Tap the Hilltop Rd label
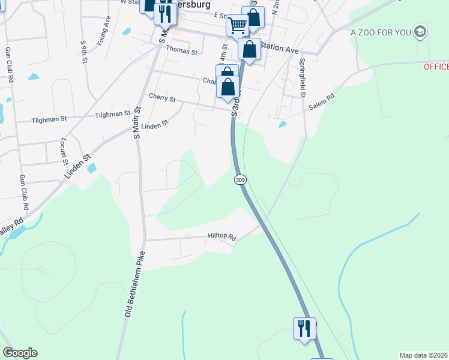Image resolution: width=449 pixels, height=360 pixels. point(222,237)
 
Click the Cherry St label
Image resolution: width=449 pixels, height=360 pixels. point(161,98)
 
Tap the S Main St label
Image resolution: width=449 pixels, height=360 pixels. point(137,123)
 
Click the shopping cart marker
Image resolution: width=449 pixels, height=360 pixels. point(237,25)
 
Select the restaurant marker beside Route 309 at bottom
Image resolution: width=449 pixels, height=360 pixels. point(304,328)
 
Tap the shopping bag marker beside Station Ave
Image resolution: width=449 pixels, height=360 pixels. point(249,49)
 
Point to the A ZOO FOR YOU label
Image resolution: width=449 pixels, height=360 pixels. point(381,32)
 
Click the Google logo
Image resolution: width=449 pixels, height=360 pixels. point(20,353)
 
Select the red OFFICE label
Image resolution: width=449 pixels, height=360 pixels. point(436,67)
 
